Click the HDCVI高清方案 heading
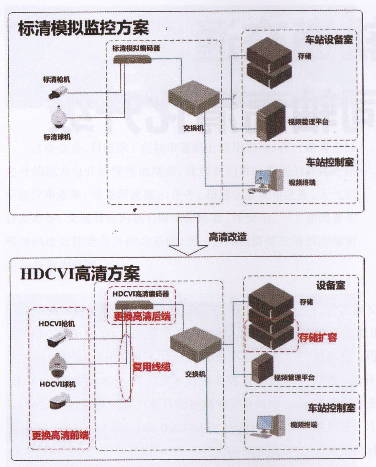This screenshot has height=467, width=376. coord(80,273)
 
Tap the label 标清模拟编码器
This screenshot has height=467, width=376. coord(136,48)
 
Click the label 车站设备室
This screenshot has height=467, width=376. coord(329,40)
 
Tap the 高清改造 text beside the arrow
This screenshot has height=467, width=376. coord(228,237)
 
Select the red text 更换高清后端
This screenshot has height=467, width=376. coord(142,317)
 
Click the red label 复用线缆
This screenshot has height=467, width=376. coord(151,367)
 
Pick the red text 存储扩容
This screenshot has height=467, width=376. coord(318,337)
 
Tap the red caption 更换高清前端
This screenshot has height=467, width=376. coord(60,435)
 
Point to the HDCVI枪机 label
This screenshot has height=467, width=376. coord(57,324)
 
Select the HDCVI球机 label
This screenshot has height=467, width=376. coord(58,384)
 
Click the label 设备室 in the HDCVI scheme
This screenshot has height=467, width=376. coord(330,285)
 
